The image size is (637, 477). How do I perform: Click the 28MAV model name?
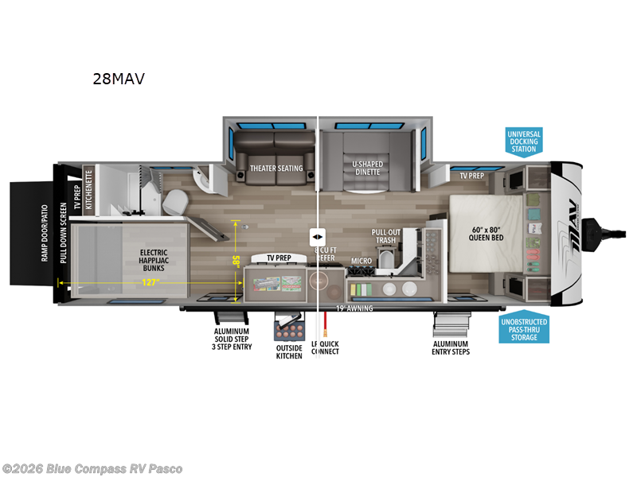point(119,79)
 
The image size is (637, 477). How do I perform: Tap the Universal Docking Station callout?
point(524,142)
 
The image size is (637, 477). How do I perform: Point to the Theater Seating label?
point(276,169)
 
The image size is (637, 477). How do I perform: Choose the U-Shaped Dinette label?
point(367,169)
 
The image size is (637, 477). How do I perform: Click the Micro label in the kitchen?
point(361,260)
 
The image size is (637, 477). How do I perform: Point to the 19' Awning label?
point(354,308)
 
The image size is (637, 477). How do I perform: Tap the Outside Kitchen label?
point(288,351)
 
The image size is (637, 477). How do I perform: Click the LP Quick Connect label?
point(324,347)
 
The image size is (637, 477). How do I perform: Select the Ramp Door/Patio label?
point(45,230)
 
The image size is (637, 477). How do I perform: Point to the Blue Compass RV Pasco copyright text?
point(92,468)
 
